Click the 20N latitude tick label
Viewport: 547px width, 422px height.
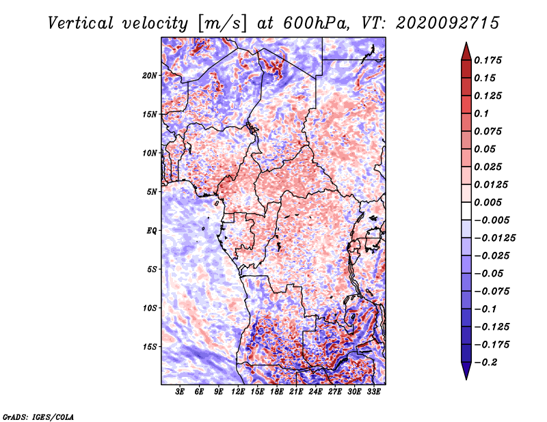tap(150, 76)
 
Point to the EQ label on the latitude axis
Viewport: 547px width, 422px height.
tap(152, 231)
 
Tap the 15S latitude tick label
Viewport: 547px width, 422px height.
tap(150, 347)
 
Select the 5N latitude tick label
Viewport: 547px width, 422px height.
tap(152, 192)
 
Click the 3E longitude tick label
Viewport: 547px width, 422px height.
tap(180, 392)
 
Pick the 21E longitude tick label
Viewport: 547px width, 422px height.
tap(296, 392)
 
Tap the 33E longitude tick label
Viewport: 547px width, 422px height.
tap(373, 392)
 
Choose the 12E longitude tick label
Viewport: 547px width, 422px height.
tap(238, 392)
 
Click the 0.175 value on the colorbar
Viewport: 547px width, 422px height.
tap(488, 60)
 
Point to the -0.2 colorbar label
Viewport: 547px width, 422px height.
tap(485, 363)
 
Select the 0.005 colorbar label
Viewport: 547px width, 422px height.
tap(488, 202)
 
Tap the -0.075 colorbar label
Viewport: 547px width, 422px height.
tap(492, 292)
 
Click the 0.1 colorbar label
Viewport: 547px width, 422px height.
tap(481, 113)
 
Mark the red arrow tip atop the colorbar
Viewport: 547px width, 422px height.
tap(466, 42)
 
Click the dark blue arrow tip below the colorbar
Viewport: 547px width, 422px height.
tap(466, 379)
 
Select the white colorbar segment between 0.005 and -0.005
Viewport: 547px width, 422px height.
tap(466, 211)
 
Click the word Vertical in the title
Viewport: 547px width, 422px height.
tap(81, 23)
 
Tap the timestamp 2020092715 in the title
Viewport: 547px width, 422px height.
tap(448, 23)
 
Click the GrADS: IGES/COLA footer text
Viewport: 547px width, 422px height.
tap(38, 417)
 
